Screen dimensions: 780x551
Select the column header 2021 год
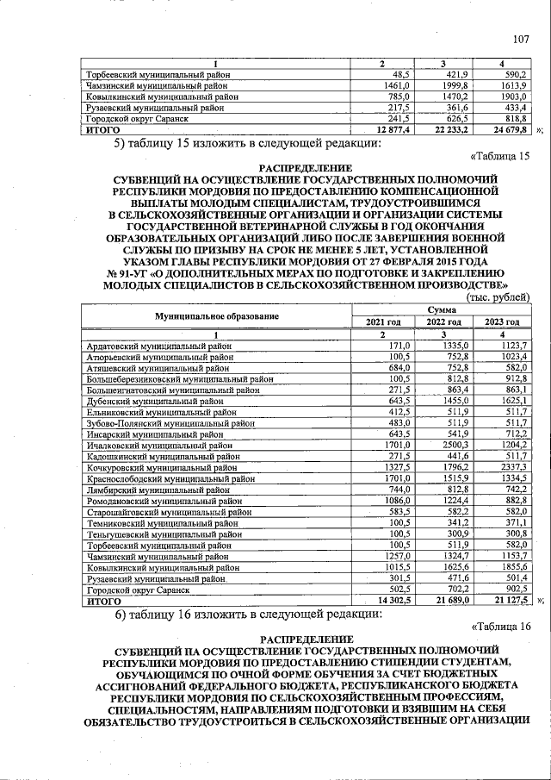[x=384, y=321]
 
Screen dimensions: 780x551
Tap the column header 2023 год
[x=502, y=321]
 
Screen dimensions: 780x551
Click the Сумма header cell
[x=441, y=309]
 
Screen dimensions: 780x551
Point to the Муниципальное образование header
[x=217, y=315]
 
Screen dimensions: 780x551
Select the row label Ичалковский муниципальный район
[x=154, y=446]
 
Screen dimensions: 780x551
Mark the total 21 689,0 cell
[x=448, y=602]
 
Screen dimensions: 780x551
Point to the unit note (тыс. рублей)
[x=498, y=296]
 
